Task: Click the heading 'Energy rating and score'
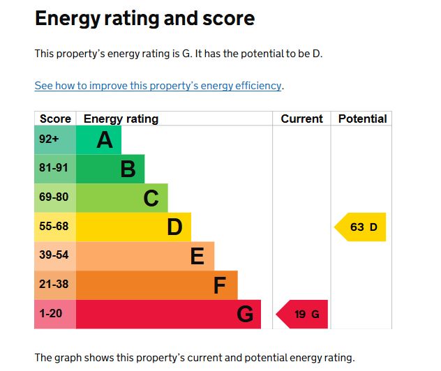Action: pos(144,19)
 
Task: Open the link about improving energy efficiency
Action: pos(158,86)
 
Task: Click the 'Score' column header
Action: pos(55,119)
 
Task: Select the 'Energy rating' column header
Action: pos(121,119)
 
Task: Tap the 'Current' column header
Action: pos(301,119)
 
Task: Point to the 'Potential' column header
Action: pos(362,119)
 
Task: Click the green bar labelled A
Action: pos(98,140)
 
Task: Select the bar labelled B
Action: pos(110,169)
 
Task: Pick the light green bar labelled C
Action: pos(121,198)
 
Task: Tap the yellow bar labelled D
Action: pos(133,227)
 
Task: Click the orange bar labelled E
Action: pos(144,256)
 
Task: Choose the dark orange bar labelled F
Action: pos(156,285)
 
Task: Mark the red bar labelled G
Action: pos(168,315)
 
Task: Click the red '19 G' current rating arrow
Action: pos(303,315)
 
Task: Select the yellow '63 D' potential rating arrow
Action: pos(361,227)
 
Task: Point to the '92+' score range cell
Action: pos(55,140)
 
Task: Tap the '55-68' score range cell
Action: pos(55,227)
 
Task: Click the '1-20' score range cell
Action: pos(55,315)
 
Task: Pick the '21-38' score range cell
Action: pos(55,285)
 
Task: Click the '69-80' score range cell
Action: pos(55,198)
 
